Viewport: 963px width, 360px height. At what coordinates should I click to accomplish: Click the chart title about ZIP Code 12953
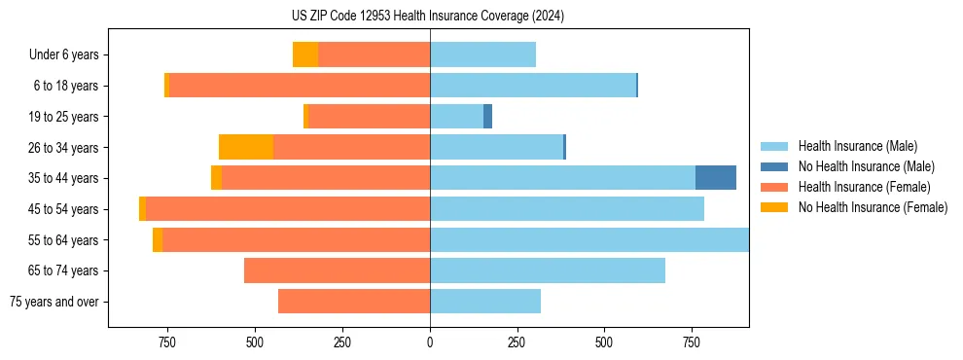(x=429, y=16)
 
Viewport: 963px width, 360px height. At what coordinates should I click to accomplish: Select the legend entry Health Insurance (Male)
(x=857, y=146)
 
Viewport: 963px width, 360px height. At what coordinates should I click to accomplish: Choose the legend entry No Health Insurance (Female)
(x=873, y=207)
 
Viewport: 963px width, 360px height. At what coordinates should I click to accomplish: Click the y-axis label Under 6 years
(x=64, y=55)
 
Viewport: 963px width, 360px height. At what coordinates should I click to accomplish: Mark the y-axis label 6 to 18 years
(x=66, y=86)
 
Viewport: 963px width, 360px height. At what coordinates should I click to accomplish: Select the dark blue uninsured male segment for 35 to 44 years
(x=715, y=178)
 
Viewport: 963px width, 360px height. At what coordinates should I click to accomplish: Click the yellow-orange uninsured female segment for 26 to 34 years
(x=246, y=147)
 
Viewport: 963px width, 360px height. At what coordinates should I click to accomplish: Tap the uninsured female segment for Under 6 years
(x=305, y=55)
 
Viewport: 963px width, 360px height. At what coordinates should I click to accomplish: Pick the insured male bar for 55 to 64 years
(x=589, y=239)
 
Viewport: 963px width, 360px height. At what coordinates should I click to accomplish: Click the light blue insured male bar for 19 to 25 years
(x=457, y=117)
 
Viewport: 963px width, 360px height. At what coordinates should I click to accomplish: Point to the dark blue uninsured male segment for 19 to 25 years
(x=487, y=117)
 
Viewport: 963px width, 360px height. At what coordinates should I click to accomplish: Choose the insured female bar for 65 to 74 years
(x=338, y=270)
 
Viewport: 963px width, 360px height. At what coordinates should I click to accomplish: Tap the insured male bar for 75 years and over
(x=485, y=302)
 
